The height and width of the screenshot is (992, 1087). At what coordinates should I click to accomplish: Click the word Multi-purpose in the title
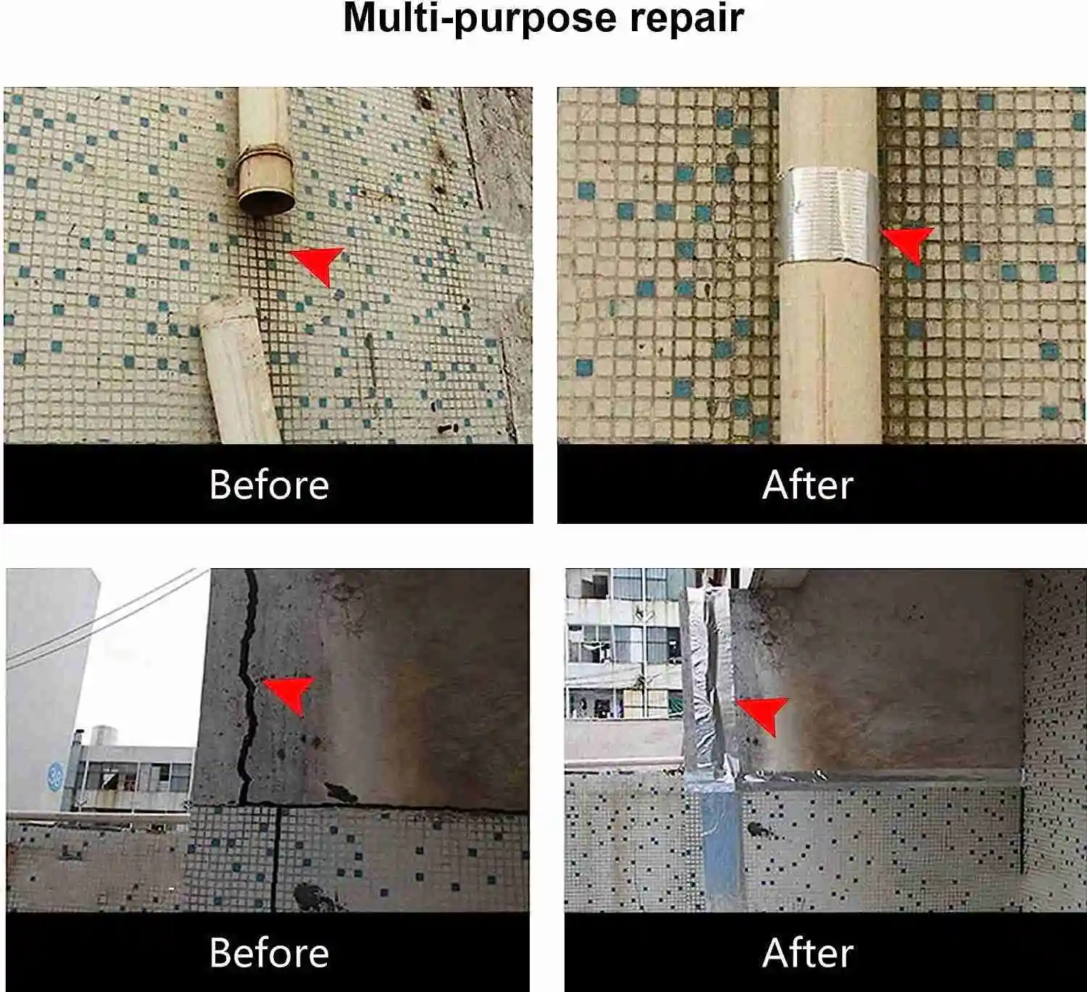point(479,18)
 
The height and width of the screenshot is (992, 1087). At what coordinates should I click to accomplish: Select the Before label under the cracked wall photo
point(269,952)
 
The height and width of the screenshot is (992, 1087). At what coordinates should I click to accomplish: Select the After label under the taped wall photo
point(807,952)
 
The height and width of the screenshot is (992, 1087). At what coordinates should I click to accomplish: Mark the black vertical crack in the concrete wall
point(248,688)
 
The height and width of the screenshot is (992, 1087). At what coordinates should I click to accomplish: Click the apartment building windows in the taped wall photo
point(623,645)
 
